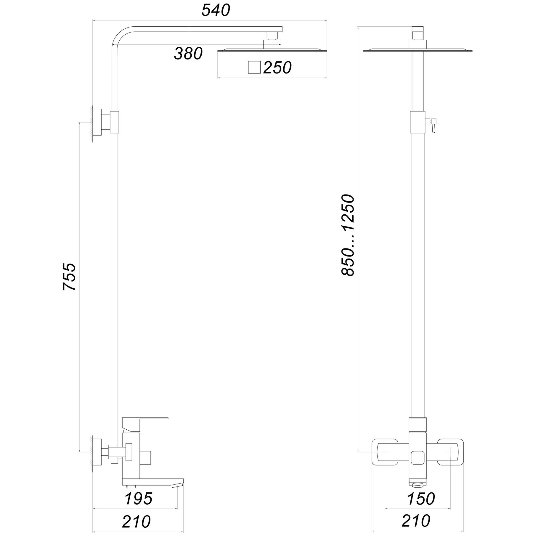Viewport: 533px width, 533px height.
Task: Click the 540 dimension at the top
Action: pyautogui.click(x=216, y=11)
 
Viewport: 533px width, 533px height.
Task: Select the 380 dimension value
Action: pyautogui.click(x=188, y=54)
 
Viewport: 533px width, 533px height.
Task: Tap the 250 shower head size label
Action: pyautogui.click(x=277, y=68)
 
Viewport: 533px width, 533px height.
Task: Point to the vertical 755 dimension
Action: pyautogui.click(x=70, y=277)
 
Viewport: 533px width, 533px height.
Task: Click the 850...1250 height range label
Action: pyautogui.click(x=348, y=235)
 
